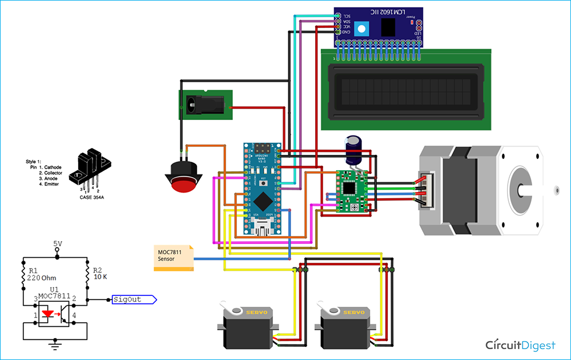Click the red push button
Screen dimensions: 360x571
pyautogui.click(x=182, y=183)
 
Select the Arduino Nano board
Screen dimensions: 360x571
pyautogui.click(x=263, y=189)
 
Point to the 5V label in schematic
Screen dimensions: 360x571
pyautogui.click(x=58, y=244)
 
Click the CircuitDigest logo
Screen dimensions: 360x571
pyautogui.click(x=520, y=345)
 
